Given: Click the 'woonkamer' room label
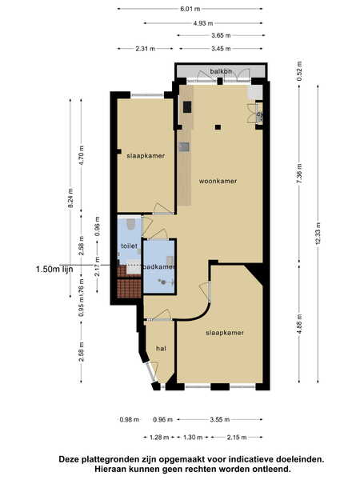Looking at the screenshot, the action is point(218,182).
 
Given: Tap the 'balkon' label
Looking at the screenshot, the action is point(221,71).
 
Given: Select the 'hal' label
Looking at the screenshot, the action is point(161,348).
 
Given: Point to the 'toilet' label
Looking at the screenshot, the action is point(129,246).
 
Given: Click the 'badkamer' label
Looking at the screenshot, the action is point(159,267).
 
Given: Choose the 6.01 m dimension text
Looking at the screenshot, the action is point(190,9).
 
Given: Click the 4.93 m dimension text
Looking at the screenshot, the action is point(203,23).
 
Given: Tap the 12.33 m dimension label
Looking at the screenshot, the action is point(318,234).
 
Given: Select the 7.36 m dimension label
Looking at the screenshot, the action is point(299,174).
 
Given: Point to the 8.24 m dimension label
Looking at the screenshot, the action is point(70,198).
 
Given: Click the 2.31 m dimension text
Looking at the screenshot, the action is point(146,48).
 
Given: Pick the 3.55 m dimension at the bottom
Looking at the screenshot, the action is point(220,419).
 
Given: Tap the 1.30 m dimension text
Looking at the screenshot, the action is point(193,437).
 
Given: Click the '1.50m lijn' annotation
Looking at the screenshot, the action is point(54,269).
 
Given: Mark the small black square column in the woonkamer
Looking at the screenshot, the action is point(218,127).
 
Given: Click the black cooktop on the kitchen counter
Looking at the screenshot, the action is point(187,107).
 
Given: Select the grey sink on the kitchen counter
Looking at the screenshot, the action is point(184,147).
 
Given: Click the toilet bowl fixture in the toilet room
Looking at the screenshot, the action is point(131,224).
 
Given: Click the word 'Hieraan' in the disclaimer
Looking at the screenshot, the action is point(110,469).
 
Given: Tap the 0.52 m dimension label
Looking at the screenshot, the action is point(299,71).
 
